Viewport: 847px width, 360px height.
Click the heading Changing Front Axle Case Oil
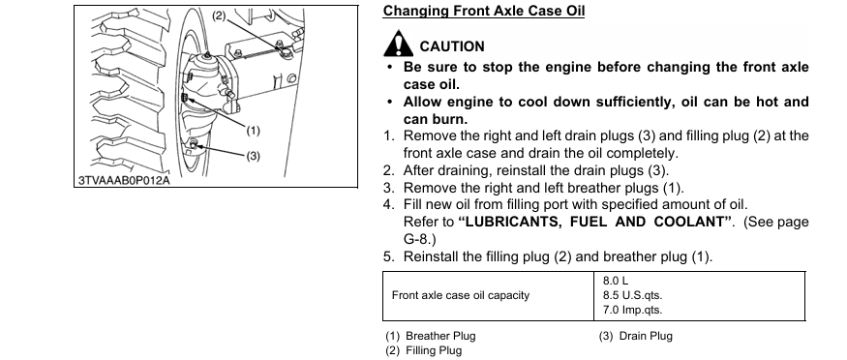tap(483, 11)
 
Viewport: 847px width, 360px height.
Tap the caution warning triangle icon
tap(398, 45)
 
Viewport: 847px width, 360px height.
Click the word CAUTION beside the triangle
tap(452, 46)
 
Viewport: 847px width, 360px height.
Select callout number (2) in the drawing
tap(219, 15)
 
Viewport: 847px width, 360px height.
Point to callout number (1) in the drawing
tap(253, 130)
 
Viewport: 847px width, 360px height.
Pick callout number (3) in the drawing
tap(253, 156)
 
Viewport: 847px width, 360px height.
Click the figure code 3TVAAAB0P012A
tap(124, 180)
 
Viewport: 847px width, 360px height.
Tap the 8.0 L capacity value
tap(616, 281)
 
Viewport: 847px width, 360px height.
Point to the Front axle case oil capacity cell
tap(460, 295)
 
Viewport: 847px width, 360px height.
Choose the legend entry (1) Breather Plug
tap(431, 336)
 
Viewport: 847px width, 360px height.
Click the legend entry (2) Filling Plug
tap(424, 350)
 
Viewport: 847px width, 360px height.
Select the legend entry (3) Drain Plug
tap(635, 336)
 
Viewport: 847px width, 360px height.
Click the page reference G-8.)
tap(419, 239)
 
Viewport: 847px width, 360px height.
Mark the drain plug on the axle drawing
tap(194, 143)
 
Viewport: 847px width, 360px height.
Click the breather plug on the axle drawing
tap(184, 98)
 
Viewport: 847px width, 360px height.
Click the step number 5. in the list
tap(389, 256)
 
